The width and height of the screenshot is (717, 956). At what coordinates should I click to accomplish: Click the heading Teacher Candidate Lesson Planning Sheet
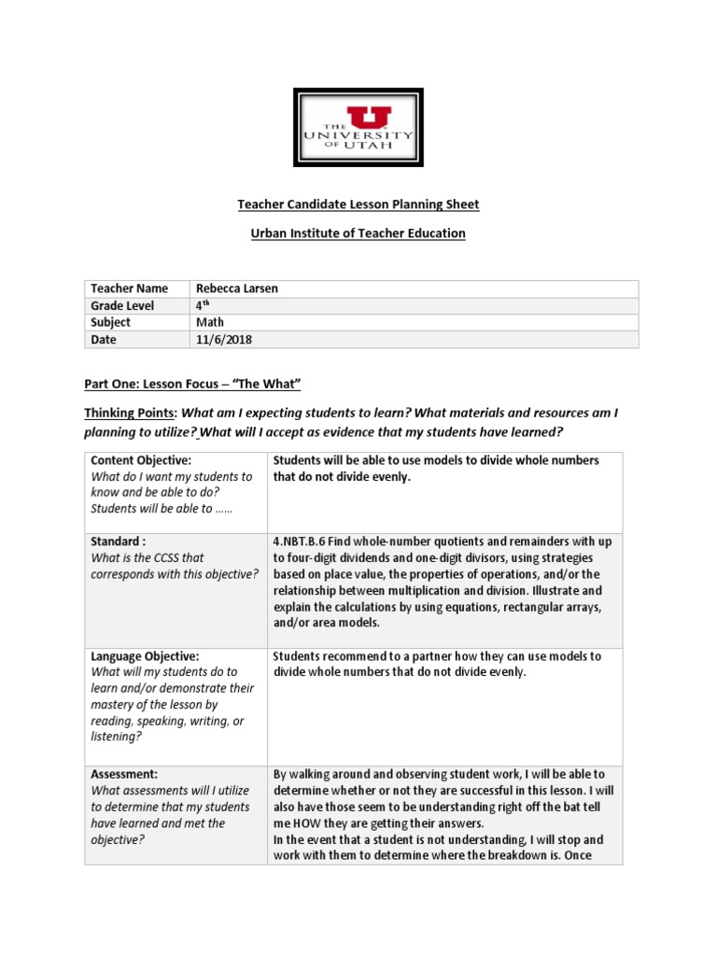(358, 204)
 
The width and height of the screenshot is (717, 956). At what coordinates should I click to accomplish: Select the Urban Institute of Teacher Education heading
(358, 233)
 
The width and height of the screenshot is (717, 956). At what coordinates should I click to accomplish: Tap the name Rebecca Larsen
(236, 288)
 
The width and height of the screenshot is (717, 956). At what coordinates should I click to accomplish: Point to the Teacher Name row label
(129, 288)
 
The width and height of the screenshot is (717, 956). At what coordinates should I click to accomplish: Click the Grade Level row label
(122, 305)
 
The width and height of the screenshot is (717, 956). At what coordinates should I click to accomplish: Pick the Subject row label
(111, 322)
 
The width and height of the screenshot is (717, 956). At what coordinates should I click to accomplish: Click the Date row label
(104, 340)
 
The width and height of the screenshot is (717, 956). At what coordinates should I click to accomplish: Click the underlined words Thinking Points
(131, 413)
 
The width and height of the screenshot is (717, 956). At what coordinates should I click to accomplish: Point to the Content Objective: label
(141, 460)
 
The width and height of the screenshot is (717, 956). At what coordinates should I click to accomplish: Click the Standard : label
(119, 541)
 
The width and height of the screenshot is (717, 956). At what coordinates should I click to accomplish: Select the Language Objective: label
(145, 656)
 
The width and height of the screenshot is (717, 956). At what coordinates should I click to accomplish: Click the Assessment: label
(124, 774)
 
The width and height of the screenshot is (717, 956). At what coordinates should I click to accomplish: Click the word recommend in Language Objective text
(352, 656)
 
